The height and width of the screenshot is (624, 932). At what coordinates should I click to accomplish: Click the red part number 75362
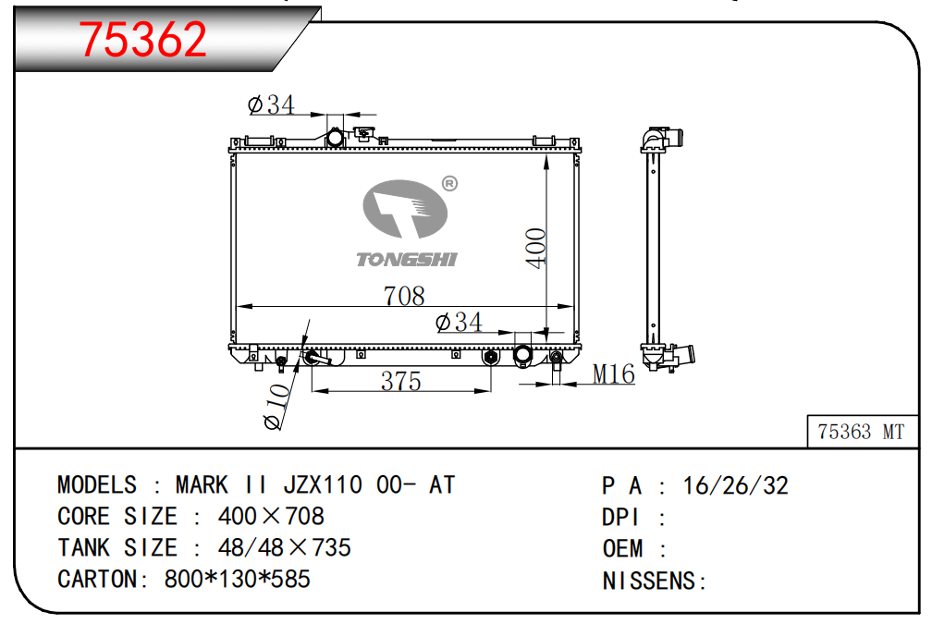tap(143, 39)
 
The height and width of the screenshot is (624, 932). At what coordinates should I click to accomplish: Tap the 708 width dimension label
tap(404, 296)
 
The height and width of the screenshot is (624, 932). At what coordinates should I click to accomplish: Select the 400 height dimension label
tap(536, 248)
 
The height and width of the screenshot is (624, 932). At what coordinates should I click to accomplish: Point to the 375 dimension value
tap(401, 381)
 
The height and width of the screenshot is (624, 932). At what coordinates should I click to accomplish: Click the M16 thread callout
tap(614, 373)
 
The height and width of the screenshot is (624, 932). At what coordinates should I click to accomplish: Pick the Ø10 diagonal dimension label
tap(277, 406)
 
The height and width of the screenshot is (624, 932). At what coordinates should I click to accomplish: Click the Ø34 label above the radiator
tap(271, 104)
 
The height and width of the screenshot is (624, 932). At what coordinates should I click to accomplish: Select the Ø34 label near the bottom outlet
tap(459, 322)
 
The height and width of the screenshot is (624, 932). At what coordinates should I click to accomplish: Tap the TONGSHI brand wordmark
tap(407, 259)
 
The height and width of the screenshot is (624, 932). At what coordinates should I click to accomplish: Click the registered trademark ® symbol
tap(450, 184)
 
